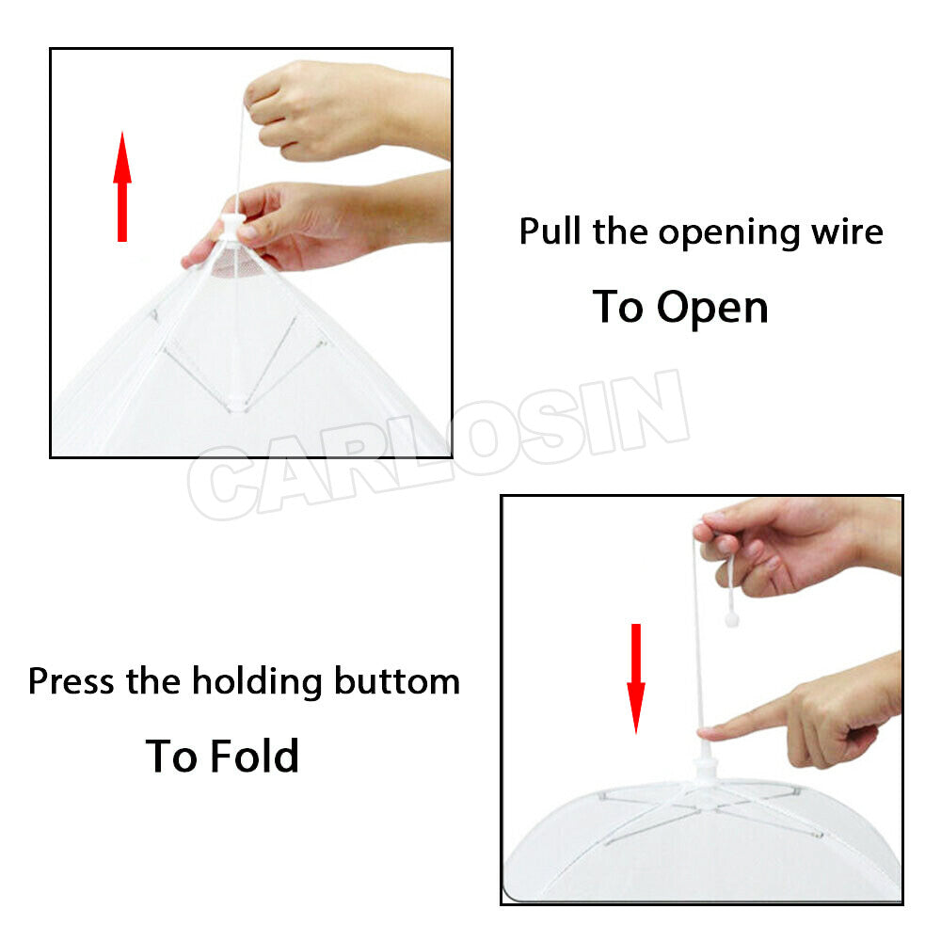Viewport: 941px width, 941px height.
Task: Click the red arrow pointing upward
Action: tap(122, 186)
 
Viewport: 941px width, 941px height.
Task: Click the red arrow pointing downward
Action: tap(636, 678)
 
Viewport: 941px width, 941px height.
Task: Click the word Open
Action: tap(712, 309)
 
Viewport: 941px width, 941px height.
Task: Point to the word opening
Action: tap(728, 234)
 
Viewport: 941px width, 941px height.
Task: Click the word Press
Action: tap(71, 681)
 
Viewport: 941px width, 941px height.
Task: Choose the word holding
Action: tap(257, 682)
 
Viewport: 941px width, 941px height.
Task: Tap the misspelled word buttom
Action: tap(397, 681)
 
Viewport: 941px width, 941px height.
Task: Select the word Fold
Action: tap(254, 756)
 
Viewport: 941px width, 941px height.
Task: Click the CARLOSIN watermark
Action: tap(439, 444)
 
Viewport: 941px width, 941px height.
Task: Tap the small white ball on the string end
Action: tap(731, 619)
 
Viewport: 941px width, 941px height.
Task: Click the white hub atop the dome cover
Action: tap(706, 771)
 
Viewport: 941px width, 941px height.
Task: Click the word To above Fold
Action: tap(171, 756)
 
